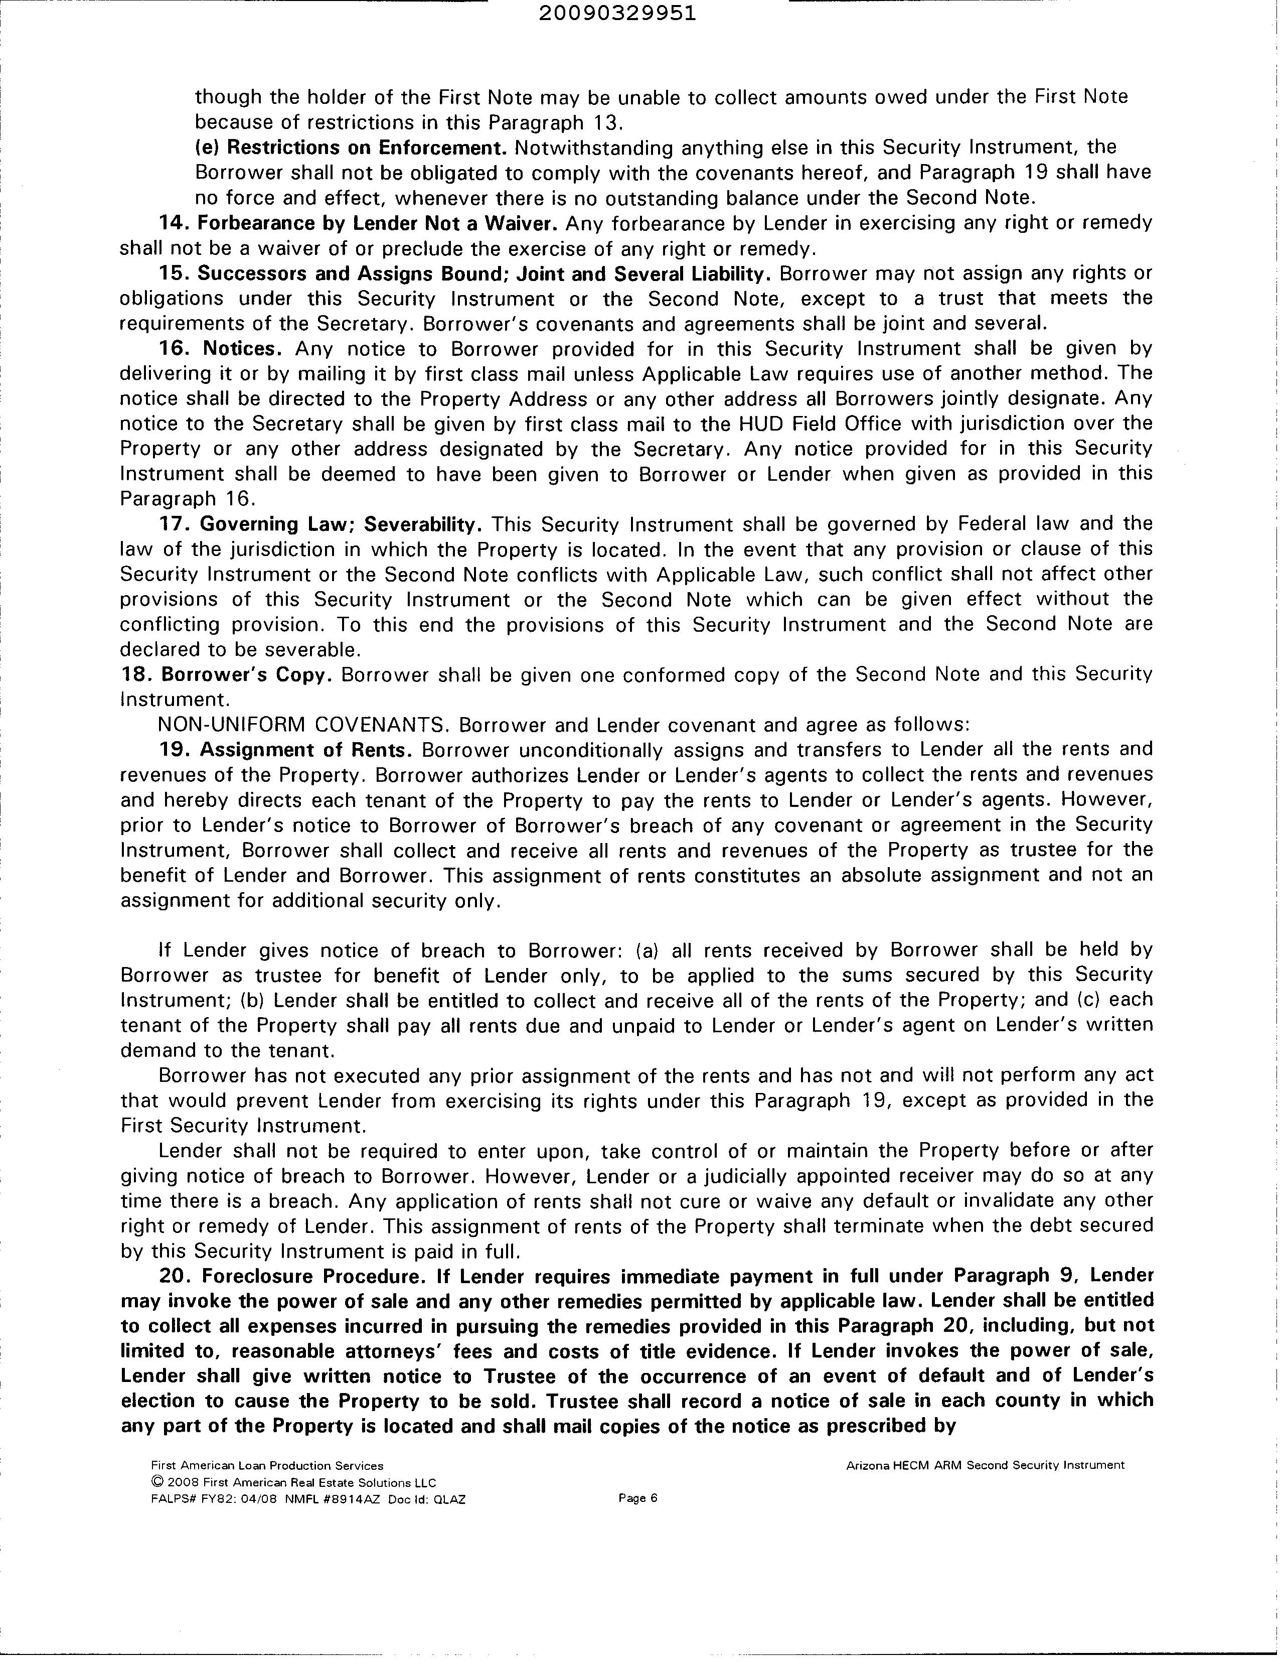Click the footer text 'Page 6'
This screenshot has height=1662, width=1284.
pos(637,1498)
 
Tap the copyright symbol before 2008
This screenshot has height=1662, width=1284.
pos(156,1482)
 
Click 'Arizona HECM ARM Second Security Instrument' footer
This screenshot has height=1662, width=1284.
pos(985,1465)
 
